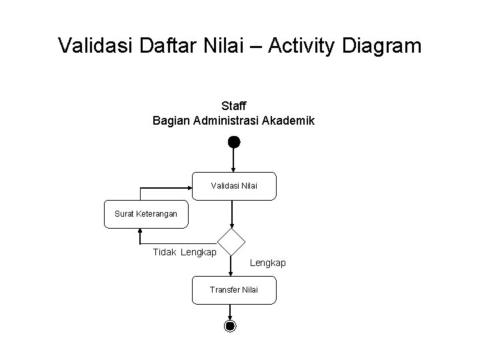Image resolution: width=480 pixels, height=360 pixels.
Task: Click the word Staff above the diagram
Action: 233,106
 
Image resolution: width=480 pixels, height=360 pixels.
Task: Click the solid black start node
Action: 233,141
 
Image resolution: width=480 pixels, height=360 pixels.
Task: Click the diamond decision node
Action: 231,242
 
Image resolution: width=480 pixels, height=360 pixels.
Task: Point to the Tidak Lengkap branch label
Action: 185,252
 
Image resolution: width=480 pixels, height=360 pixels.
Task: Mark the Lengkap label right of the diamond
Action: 267,263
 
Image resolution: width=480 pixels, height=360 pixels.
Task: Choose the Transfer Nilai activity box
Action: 233,289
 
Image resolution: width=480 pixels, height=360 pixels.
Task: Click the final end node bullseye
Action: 230,326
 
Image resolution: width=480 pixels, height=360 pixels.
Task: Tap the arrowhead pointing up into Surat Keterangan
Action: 141,231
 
